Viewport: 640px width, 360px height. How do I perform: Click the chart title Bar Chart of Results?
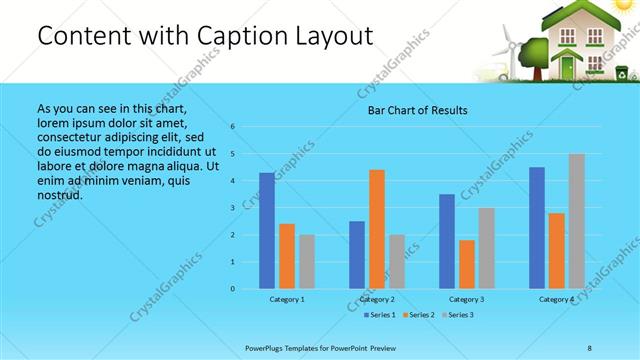[x=413, y=110]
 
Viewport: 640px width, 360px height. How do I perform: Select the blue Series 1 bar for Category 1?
[x=266, y=231]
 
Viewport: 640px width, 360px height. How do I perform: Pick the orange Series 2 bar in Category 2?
[x=376, y=229]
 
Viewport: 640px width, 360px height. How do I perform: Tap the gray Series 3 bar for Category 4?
[x=576, y=221]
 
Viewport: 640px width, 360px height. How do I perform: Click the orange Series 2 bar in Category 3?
[x=466, y=264]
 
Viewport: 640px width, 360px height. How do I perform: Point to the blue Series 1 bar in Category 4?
[x=537, y=228]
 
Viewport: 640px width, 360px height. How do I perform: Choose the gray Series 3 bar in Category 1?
[x=306, y=262]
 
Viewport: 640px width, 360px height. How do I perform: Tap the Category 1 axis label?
[x=287, y=300]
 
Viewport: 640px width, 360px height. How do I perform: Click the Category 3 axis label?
[x=467, y=300]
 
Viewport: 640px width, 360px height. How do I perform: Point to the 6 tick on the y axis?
[x=232, y=127]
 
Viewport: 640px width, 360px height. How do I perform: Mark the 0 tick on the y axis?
[x=232, y=289]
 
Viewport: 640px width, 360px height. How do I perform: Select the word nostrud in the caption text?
[x=59, y=195]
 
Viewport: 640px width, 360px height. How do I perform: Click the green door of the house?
[x=568, y=68]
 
